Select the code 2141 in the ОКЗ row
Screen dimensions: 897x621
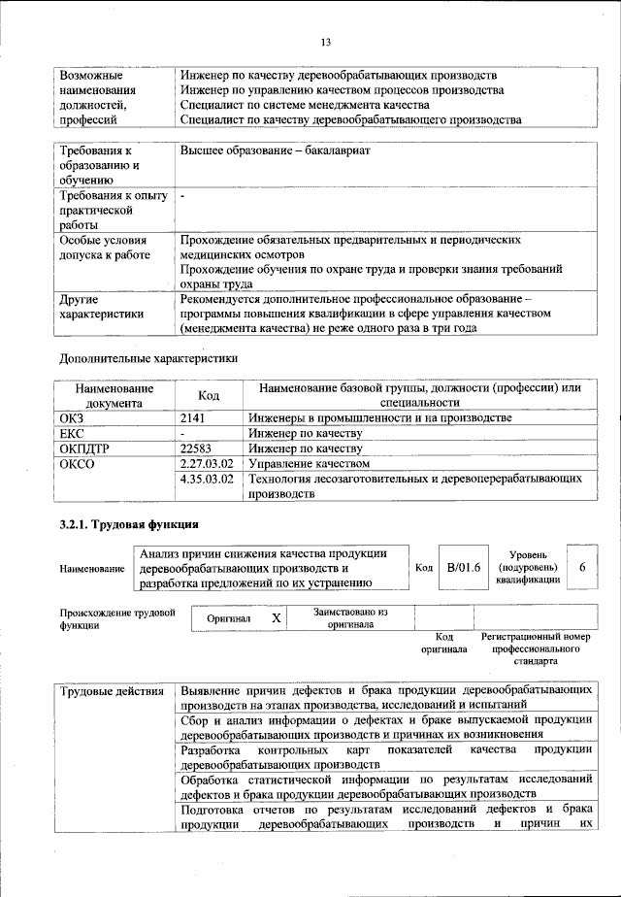[x=195, y=417]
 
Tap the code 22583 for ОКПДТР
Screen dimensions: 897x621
[x=198, y=448]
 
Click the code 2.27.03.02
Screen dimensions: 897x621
[x=208, y=464]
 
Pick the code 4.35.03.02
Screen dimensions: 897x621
[x=208, y=480]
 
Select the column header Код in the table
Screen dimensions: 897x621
[x=209, y=395]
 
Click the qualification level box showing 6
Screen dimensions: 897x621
[x=581, y=567]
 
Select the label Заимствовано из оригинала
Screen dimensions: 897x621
[x=350, y=618]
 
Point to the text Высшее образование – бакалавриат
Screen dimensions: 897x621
[x=275, y=150]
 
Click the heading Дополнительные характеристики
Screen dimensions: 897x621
[x=148, y=357]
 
